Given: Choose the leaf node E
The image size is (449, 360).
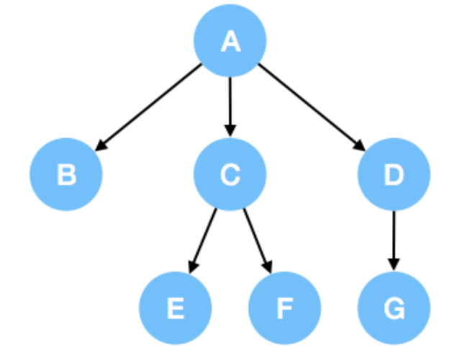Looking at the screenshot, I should tap(175, 307).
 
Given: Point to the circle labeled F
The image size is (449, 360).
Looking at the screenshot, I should tap(284, 307).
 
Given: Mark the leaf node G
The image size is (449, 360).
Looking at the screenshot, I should tap(394, 307).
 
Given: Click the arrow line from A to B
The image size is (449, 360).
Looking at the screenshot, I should tap(151, 106).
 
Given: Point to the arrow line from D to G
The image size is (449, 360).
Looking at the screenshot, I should tap(394, 238).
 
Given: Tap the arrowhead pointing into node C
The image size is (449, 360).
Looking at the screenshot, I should tap(230, 131).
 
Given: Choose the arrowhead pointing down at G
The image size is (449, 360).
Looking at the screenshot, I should tap(394, 264).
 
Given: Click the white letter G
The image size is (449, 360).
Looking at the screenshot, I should tap(394, 308).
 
